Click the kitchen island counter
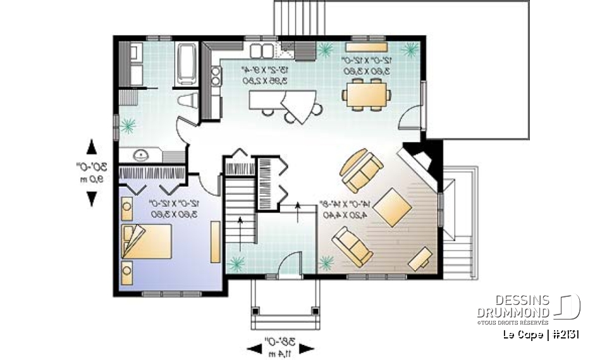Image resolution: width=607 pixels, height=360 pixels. point(282,101)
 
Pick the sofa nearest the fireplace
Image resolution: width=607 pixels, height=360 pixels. point(362,170)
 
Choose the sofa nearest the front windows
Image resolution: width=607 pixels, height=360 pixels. point(353,246)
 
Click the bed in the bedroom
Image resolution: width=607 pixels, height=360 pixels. point(150,242)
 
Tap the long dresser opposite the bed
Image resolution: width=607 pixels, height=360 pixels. point(216,241)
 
